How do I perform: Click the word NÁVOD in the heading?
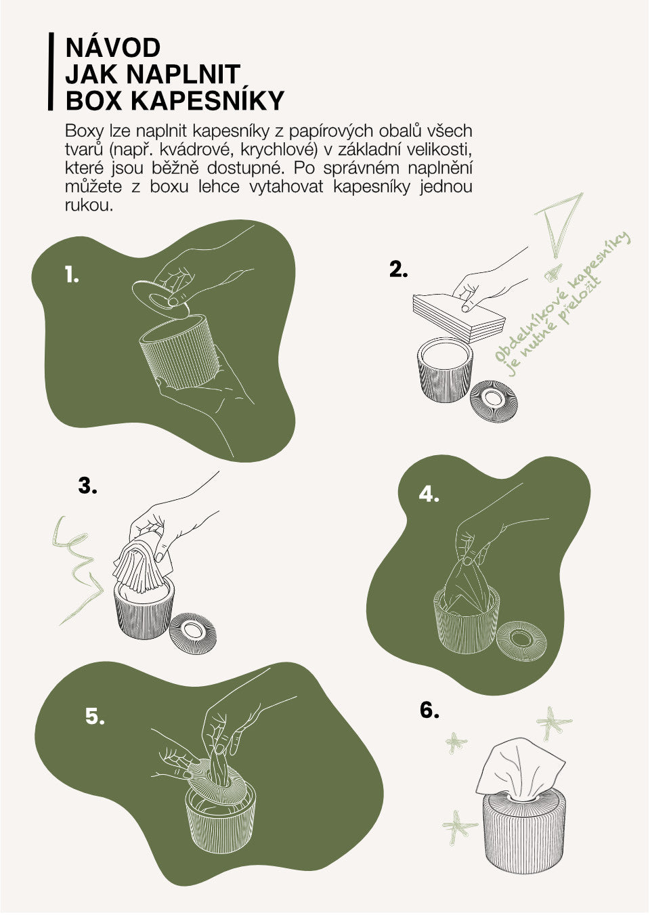(x=112, y=48)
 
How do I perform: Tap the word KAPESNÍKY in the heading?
(x=207, y=100)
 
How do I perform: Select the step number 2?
(x=398, y=269)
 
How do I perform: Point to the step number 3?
(x=87, y=486)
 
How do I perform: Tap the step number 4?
(x=429, y=494)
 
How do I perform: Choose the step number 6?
(x=429, y=710)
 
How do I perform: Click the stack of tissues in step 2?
(x=459, y=318)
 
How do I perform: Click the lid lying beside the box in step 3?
(x=193, y=633)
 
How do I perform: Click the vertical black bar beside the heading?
(x=51, y=72)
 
